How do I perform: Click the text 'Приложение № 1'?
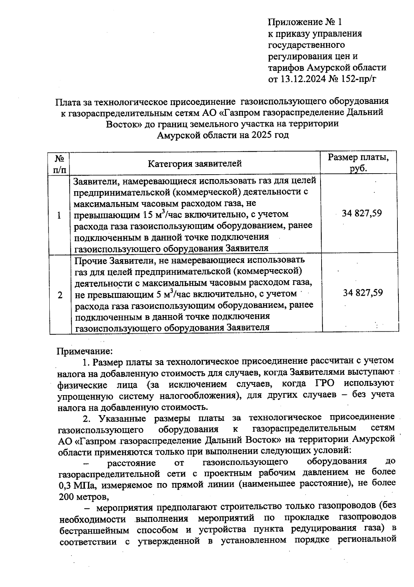click(x=305, y=22)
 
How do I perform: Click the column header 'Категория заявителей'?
click(x=195, y=164)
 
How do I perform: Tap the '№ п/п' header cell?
click(x=60, y=164)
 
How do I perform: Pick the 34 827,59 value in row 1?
click(x=362, y=213)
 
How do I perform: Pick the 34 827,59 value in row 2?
click(x=363, y=293)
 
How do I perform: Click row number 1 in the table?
click(x=59, y=216)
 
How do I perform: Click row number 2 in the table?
click(x=60, y=295)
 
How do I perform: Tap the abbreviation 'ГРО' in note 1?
click(x=324, y=383)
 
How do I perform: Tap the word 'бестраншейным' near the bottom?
click(x=95, y=530)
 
